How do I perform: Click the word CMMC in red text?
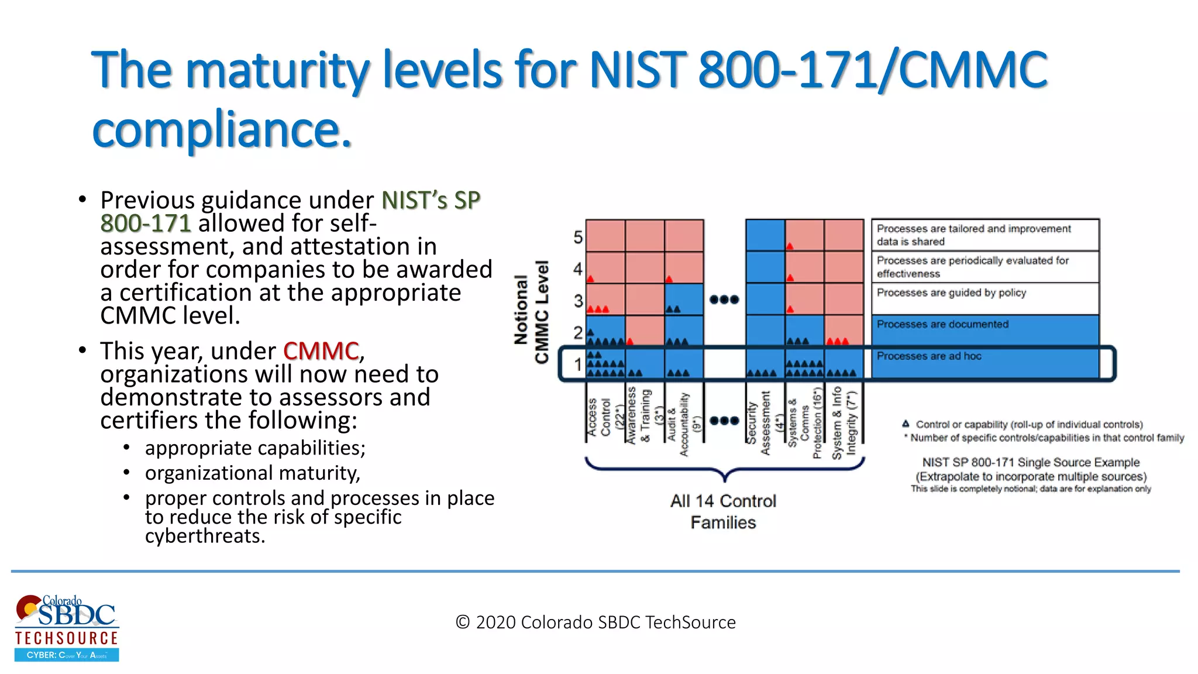coord(321,351)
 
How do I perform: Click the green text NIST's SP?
coord(431,201)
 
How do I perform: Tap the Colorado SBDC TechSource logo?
coord(67,628)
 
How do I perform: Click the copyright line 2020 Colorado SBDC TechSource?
coord(595,622)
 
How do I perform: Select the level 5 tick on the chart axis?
coord(578,237)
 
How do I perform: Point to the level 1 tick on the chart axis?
coord(578,364)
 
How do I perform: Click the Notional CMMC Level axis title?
coord(531,311)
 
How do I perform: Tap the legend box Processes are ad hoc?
coord(985,363)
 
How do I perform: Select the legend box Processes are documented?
coord(985,331)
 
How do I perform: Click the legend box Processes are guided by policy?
coord(985,298)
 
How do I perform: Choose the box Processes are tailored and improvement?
coord(985,235)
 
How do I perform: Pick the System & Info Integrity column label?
coord(844,421)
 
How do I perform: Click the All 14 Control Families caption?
coord(723,511)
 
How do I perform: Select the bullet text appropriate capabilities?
coord(255,448)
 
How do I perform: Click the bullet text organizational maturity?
coord(252,473)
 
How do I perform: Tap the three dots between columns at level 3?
coord(724,300)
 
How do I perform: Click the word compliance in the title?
coord(222,130)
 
